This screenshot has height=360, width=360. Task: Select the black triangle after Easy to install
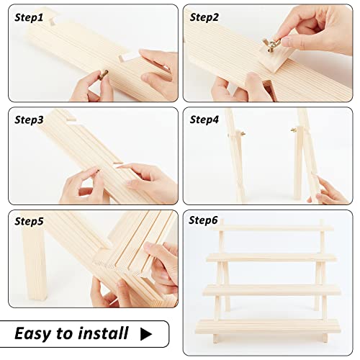click(147, 333)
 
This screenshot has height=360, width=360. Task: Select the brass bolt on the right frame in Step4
click(294, 131)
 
